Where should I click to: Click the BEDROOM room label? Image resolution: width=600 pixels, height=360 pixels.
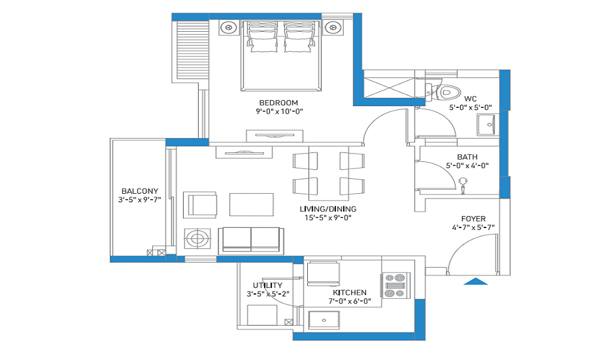pos(278,103)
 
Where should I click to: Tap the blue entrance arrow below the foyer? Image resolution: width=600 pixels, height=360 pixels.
pos(476,281)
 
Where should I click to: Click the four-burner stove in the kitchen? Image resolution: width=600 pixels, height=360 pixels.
pos(395,286)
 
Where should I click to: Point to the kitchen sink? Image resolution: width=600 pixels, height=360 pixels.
pos(324,320)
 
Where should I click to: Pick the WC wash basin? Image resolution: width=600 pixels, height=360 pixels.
pos(487,125)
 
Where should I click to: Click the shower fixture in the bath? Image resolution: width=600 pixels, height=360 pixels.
pos(463,185)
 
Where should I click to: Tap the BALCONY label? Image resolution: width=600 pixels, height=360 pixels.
pos(140,191)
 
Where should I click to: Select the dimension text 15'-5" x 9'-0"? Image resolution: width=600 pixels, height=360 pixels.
pos(328,218)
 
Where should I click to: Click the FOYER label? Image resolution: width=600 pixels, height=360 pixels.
pos(473,219)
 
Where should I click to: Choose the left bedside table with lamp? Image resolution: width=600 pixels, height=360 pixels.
pos(229,28)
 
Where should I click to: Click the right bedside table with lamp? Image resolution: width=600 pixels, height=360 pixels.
pos(333,28)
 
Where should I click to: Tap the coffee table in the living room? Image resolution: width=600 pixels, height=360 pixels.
pos(251,205)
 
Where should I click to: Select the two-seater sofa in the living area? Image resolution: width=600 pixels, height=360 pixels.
pos(251,241)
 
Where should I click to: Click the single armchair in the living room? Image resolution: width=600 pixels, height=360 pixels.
pos(200,205)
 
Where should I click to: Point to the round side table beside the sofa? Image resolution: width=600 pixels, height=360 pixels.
pos(197,239)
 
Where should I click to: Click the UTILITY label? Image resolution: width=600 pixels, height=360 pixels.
pos(268,286)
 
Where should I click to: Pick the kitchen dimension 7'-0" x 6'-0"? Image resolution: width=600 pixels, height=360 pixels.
pos(350,301)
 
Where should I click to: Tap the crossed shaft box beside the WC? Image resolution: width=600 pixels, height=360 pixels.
pos(389,88)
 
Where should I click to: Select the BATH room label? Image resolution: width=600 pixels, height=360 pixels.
pos(467,157)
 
